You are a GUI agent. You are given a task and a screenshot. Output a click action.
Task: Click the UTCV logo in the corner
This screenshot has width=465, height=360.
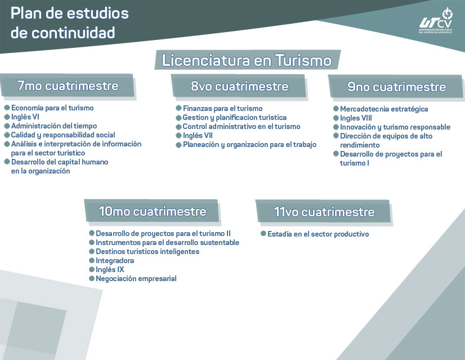[x=436, y=21]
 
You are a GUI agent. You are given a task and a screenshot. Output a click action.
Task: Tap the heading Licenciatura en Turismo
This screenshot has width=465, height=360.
[x=247, y=60]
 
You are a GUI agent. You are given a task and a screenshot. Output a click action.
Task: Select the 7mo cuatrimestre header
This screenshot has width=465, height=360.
[x=68, y=86]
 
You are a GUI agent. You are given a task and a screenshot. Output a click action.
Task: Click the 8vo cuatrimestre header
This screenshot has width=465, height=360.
[x=239, y=86]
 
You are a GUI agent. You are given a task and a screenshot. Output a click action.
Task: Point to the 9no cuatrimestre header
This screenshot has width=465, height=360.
[x=396, y=87]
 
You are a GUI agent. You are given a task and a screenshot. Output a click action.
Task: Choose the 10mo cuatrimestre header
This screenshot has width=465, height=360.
[x=153, y=211]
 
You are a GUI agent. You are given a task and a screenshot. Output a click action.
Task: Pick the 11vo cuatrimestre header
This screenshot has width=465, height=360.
[x=324, y=212]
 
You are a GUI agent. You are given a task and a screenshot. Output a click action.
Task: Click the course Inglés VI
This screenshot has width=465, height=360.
[x=25, y=117]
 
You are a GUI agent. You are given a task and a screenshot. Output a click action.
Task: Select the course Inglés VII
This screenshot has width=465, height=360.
[x=198, y=136]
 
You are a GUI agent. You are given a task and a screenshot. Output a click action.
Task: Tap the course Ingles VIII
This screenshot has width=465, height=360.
[x=356, y=118]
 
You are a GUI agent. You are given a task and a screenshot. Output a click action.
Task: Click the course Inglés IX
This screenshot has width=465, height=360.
[x=110, y=269]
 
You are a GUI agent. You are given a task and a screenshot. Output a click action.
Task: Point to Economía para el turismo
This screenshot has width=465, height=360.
[x=52, y=108]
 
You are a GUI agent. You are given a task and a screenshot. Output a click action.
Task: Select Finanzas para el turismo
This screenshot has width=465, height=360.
[x=222, y=108]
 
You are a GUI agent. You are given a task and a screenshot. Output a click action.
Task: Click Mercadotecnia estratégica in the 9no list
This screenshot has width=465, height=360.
[x=384, y=109]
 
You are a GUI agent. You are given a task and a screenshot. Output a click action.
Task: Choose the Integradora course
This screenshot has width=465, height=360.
[x=115, y=261]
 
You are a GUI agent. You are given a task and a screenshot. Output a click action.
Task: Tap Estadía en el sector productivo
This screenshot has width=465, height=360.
[x=318, y=234]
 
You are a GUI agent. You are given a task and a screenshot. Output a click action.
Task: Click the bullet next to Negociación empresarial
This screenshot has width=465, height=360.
[x=92, y=278]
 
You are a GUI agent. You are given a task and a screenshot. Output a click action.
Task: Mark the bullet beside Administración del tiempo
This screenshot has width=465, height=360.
[x=7, y=126]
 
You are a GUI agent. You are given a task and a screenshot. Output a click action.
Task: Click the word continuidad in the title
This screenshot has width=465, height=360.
[x=73, y=33]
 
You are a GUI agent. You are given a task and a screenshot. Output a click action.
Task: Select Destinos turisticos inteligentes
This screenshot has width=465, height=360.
[x=147, y=251]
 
